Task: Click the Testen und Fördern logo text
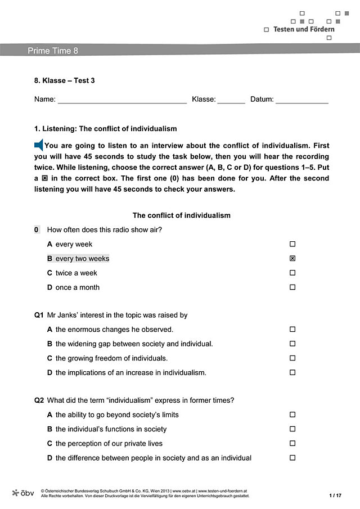tap(303, 29)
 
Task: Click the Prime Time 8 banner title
tap(53, 51)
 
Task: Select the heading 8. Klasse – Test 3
tap(65, 80)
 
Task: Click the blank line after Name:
tap(122, 100)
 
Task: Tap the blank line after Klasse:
tap(231, 100)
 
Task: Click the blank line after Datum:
tap(301, 100)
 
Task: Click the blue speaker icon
tap(39, 145)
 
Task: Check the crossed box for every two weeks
tap(292, 259)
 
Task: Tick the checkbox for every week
tap(292, 244)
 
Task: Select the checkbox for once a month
tap(292, 287)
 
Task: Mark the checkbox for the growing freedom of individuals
tap(292, 358)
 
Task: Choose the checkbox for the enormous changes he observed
tap(292, 330)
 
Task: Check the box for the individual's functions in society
tap(292, 429)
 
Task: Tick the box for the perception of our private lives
tap(292, 443)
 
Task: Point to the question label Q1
tap(39, 316)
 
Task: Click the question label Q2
tap(39, 400)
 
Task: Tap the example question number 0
tap(37, 229)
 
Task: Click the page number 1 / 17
tap(335, 495)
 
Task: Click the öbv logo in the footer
tap(23, 493)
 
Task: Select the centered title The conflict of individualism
tap(181, 215)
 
